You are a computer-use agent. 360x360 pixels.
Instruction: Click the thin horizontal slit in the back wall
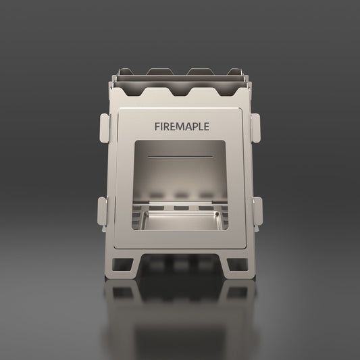180,155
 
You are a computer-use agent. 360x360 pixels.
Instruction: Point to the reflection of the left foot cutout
124,292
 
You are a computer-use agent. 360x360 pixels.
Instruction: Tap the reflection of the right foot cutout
236,292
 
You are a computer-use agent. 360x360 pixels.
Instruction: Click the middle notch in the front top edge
180,91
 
